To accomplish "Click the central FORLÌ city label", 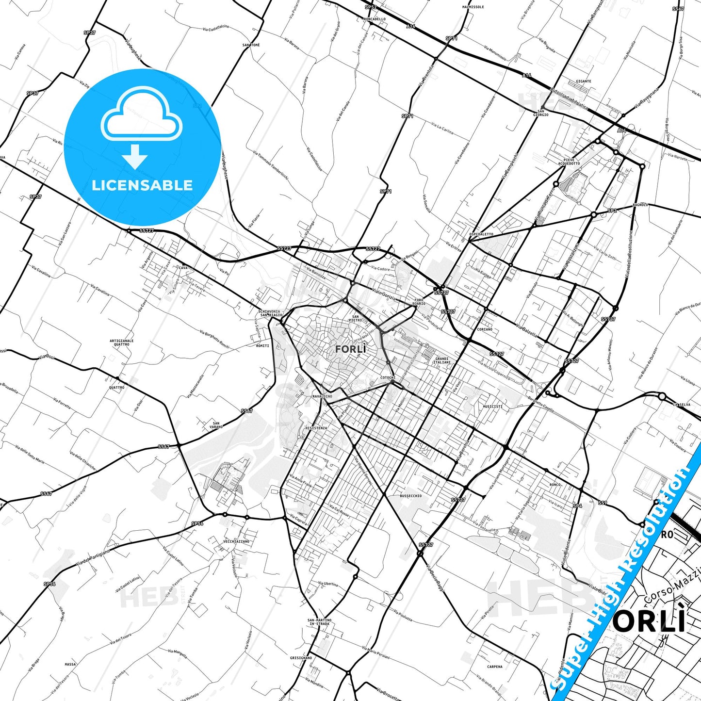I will pos(350,349).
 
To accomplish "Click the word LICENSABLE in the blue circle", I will pos(142,185).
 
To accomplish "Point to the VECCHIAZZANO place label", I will pos(236,541).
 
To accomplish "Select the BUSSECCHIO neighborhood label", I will pos(410,496).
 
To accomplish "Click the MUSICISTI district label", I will pos(492,407).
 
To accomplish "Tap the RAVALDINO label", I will pos(322,396).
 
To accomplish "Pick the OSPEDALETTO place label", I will pos(481,234).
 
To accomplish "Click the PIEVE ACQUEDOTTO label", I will pos(569,162).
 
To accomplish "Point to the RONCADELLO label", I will pos(374,19).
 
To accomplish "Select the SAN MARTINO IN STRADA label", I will pos(319,622).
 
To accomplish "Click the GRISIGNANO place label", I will pos(301,658).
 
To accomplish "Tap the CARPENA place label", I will pos(495,667).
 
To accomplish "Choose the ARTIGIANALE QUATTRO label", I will pos(122,342).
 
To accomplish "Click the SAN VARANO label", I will pos(216,425).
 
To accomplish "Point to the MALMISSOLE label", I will pos(473,7).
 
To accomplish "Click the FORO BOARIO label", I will pos(419,302).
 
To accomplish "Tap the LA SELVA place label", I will pos(681,405).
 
